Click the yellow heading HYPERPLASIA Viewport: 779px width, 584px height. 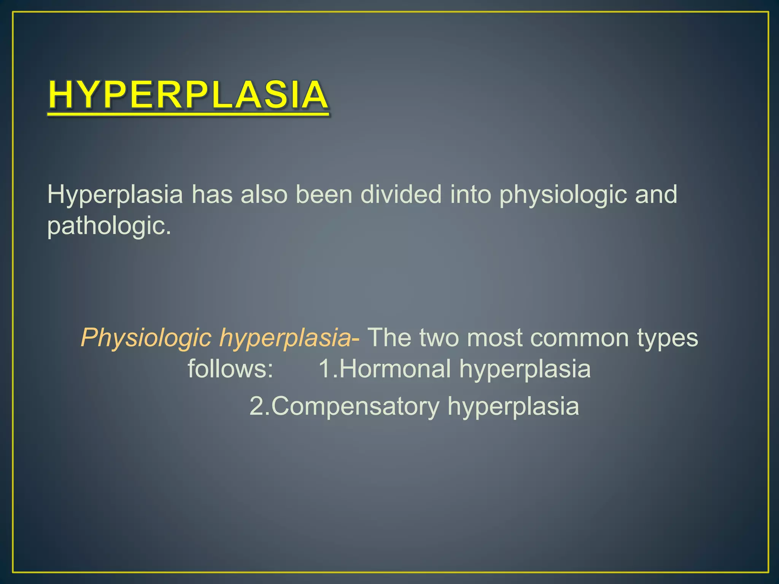(188, 95)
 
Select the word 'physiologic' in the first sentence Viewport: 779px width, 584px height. (563, 195)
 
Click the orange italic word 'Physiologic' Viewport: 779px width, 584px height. (146, 338)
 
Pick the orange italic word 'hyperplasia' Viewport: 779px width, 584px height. (285, 338)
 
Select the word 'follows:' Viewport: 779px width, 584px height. (231, 368)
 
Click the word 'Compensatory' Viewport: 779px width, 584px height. (356, 406)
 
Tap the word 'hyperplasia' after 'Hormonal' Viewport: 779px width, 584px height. (525, 369)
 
